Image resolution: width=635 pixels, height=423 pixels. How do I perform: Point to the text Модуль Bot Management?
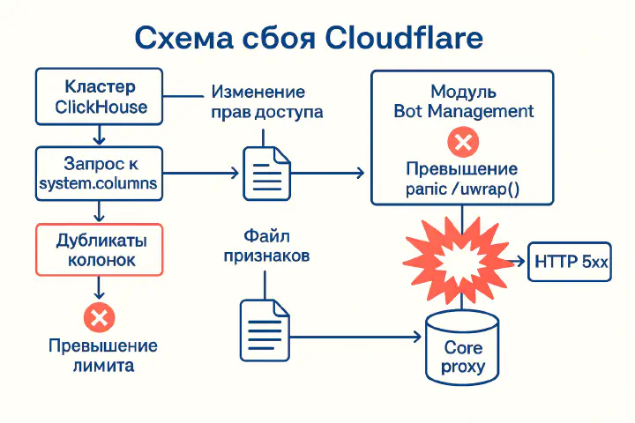point(464,101)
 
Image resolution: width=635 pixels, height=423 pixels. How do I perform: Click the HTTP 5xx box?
point(569,262)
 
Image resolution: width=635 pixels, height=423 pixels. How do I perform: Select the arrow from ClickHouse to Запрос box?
point(100,136)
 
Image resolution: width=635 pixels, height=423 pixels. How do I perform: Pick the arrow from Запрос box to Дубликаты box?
point(100,211)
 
